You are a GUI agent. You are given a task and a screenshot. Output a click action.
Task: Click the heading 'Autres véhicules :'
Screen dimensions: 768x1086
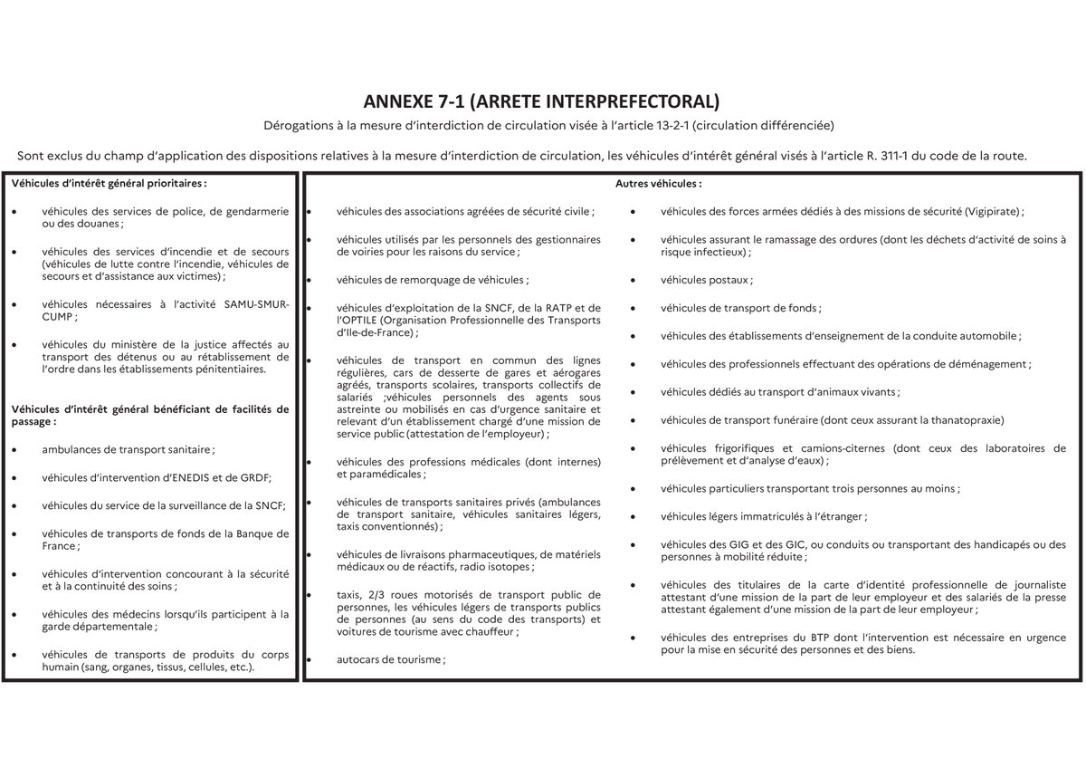(x=658, y=183)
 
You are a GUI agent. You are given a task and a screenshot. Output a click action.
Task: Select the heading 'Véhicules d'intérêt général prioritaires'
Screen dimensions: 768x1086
(x=108, y=183)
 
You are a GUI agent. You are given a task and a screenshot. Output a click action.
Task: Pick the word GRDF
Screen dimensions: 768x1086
(x=256, y=478)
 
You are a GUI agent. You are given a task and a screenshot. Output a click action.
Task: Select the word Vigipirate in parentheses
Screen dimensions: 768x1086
(x=990, y=211)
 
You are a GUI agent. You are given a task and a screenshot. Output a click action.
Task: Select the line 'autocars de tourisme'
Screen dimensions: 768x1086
(x=389, y=660)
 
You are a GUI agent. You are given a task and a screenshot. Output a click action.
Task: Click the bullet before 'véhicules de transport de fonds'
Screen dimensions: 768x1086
(x=633, y=309)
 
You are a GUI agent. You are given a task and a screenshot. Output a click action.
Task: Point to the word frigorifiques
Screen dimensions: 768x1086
(x=742, y=448)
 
